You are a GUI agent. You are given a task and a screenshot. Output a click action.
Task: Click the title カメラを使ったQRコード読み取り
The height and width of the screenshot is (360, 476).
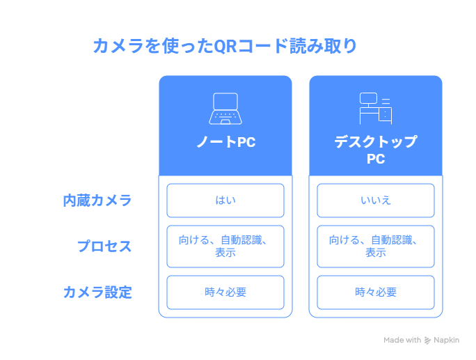pyautogui.click(x=225, y=46)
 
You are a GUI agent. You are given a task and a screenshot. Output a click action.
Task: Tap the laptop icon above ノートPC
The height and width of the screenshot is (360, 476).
pyautogui.click(x=225, y=109)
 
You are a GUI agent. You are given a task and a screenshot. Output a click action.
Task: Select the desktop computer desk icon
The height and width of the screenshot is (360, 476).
pyautogui.click(x=376, y=109)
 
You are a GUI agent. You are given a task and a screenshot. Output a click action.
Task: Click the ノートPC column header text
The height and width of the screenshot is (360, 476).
pyautogui.click(x=226, y=142)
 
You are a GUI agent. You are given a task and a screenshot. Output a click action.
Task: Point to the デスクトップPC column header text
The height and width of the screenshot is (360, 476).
pyautogui.click(x=376, y=150)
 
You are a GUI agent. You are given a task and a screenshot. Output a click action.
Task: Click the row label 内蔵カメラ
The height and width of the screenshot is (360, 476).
pyautogui.click(x=97, y=201)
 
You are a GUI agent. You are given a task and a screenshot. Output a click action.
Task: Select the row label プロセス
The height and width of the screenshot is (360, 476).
pyautogui.click(x=104, y=246)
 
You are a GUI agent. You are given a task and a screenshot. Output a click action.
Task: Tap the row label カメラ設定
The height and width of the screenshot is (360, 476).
pyautogui.click(x=97, y=292)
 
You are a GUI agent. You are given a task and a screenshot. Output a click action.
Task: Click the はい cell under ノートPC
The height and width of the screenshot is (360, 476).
pyautogui.click(x=225, y=201)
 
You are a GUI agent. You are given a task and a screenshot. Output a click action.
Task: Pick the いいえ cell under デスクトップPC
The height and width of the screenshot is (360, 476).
pyautogui.click(x=376, y=201)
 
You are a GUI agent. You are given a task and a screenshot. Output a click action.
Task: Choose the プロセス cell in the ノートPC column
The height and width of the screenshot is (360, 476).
pyautogui.click(x=225, y=246)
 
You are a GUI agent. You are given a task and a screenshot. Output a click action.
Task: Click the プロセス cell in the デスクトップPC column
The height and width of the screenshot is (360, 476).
pyautogui.click(x=376, y=246)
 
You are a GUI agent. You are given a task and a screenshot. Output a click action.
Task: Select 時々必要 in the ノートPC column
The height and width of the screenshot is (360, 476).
pyautogui.click(x=225, y=292)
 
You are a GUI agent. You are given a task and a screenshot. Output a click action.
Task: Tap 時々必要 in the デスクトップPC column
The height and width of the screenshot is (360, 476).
pyautogui.click(x=376, y=292)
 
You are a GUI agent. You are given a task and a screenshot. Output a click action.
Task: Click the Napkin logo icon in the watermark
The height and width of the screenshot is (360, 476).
pyautogui.click(x=427, y=341)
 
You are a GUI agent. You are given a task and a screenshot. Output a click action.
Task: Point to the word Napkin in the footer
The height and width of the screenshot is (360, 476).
pyautogui.click(x=446, y=340)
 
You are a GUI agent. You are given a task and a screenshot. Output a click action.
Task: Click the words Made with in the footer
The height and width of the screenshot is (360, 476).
pyautogui.click(x=402, y=340)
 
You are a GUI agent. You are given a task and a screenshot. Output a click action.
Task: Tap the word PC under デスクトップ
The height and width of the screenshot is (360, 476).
pyautogui.click(x=376, y=159)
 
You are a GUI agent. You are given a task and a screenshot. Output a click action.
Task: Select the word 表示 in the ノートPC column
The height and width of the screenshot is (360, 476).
pyautogui.click(x=225, y=253)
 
